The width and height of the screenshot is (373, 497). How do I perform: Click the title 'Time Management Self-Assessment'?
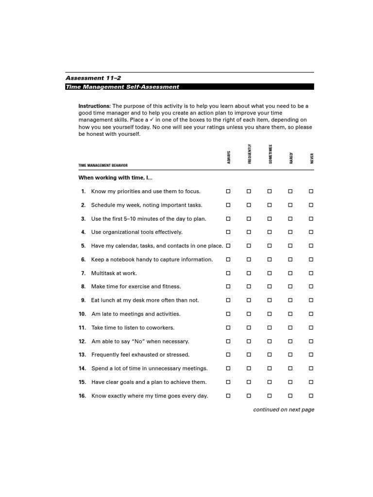pyautogui.click(x=122, y=87)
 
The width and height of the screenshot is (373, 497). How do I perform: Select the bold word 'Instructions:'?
pyautogui.click(x=95, y=106)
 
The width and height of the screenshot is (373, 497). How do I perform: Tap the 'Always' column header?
pyautogui.click(x=229, y=157)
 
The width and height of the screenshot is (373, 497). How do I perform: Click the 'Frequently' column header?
pyautogui.click(x=250, y=154)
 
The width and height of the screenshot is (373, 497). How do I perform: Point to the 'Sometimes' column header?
pyautogui.click(x=271, y=154)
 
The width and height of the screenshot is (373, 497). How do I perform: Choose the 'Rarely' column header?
pyautogui.click(x=291, y=158)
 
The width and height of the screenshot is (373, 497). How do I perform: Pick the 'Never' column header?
pyautogui.click(x=312, y=158)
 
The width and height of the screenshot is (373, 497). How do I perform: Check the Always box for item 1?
pyautogui.click(x=228, y=191)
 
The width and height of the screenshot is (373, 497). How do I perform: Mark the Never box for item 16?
pyautogui.click(x=311, y=396)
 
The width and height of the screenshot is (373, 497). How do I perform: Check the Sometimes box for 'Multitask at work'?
pyautogui.click(x=270, y=273)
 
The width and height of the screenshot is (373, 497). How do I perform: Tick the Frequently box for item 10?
pyautogui.click(x=249, y=314)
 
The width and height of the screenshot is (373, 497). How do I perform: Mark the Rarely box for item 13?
pyautogui.click(x=290, y=355)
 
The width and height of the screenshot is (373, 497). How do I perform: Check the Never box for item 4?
pyautogui.click(x=311, y=232)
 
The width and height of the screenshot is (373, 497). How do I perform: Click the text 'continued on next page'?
pyautogui.click(x=284, y=410)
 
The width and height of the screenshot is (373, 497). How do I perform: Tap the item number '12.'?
pyautogui.click(x=82, y=341)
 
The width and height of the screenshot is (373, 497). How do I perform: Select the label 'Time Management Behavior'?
pyautogui.click(x=103, y=166)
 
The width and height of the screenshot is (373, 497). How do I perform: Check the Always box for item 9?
pyautogui.click(x=228, y=300)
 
